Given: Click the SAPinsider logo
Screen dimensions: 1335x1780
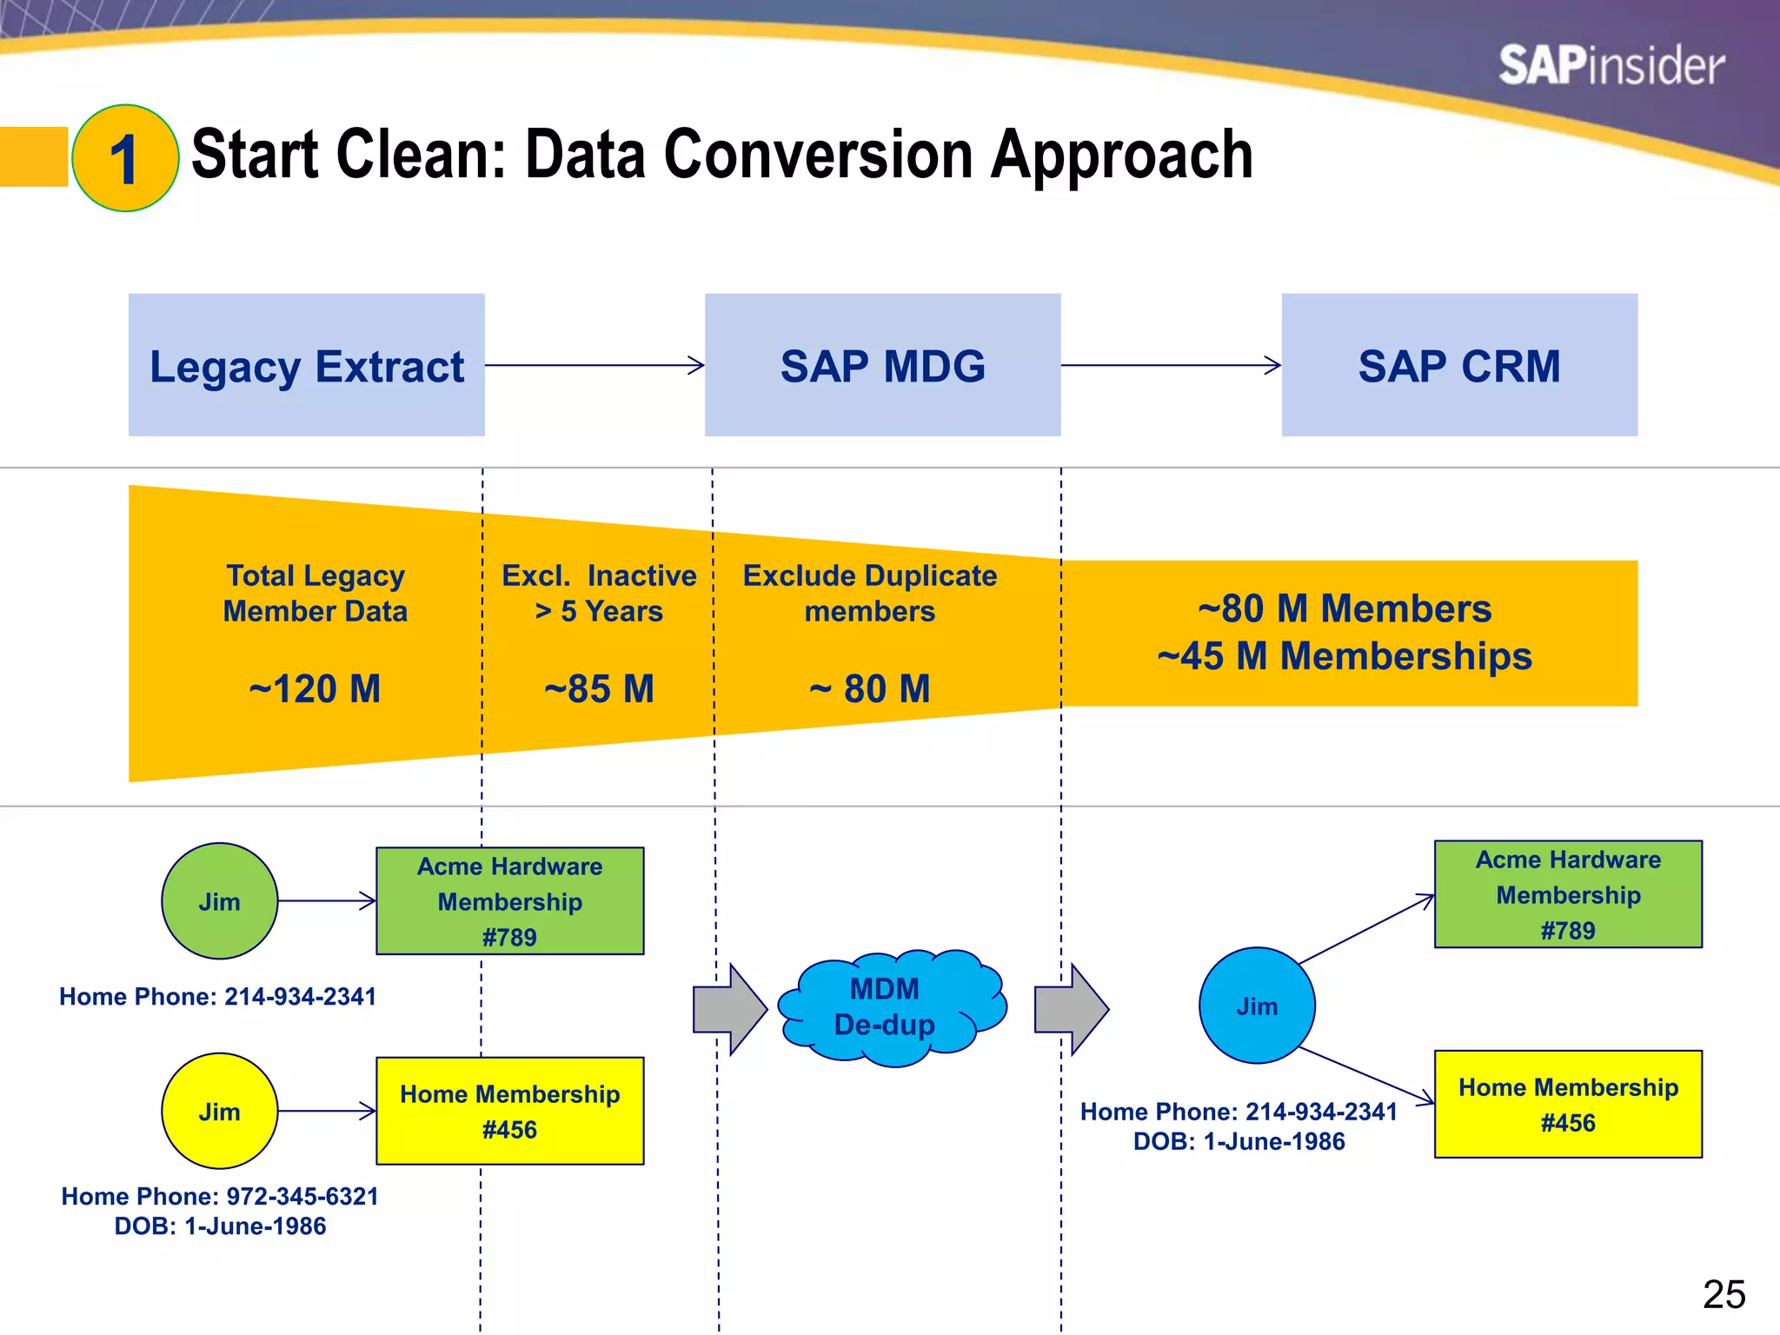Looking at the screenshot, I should [x=1611, y=66].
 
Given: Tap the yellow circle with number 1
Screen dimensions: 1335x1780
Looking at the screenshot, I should [x=125, y=158].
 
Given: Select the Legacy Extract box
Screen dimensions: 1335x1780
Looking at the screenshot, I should [x=307, y=365].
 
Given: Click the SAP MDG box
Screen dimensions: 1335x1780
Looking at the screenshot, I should [x=882, y=365].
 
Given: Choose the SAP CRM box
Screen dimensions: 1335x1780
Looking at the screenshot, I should [x=1459, y=365].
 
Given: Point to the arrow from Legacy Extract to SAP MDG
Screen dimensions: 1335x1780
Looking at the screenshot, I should [x=594, y=365].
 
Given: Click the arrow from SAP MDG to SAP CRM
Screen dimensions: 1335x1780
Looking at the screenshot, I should [x=1170, y=365].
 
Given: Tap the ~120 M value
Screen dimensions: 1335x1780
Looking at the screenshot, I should [x=315, y=689].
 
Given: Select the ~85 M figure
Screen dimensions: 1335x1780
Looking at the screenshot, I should [x=599, y=689].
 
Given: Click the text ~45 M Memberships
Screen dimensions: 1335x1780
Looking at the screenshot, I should [x=1345, y=656].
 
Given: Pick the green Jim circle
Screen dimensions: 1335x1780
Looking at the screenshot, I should [x=220, y=901].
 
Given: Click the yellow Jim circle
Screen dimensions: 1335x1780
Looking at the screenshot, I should [x=220, y=1112].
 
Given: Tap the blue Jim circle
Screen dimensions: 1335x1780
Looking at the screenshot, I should [x=1257, y=1006].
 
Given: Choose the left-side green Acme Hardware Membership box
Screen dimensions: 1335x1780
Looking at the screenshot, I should [x=510, y=901].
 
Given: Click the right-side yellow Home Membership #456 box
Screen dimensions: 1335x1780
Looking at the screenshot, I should [x=1568, y=1105].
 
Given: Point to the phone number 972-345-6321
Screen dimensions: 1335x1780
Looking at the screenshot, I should [x=302, y=1197].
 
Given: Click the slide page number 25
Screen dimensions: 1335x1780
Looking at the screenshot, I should [x=1724, y=1295].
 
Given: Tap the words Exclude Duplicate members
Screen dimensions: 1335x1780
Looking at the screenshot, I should [x=869, y=594].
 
